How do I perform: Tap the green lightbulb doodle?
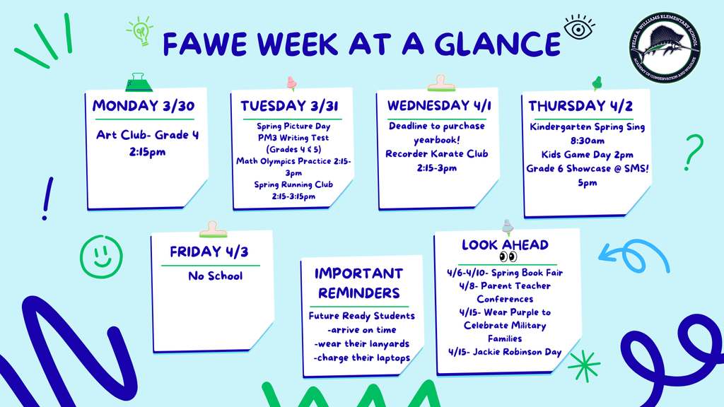[x=141, y=31]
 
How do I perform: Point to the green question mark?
[x=694, y=152]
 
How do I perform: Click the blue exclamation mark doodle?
[x=47, y=199]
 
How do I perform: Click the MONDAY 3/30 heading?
[x=144, y=106]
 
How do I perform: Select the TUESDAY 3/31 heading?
[x=288, y=106]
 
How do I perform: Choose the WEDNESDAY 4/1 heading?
[x=439, y=105]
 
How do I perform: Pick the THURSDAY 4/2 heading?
[x=580, y=106]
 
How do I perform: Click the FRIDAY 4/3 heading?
[x=209, y=252]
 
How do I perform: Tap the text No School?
[x=215, y=276]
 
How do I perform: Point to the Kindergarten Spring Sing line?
[x=587, y=127]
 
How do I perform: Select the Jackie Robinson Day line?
[x=504, y=351]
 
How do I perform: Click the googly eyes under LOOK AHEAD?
[x=508, y=257]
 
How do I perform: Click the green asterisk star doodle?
[x=583, y=365]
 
